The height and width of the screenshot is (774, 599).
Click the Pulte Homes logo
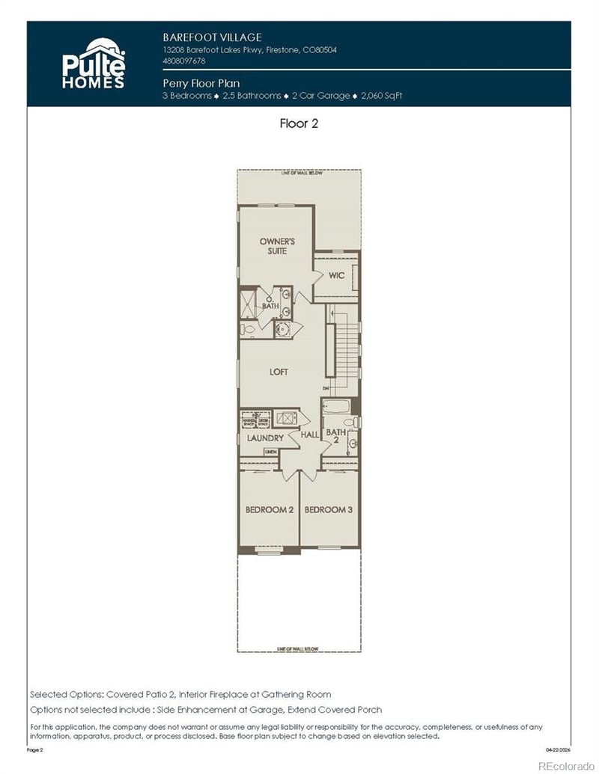(x=93, y=63)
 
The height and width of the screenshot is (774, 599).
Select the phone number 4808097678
(x=184, y=61)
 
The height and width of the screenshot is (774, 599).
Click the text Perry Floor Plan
(x=201, y=84)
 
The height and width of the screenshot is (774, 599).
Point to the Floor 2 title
(x=299, y=124)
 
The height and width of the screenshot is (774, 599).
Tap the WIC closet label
(x=336, y=275)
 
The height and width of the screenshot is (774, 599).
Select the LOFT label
(x=279, y=372)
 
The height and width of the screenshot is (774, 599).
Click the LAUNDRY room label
(x=265, y=438)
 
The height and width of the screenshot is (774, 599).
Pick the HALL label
(x=310, y=434)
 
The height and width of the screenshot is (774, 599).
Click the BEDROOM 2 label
(x=269, y=510)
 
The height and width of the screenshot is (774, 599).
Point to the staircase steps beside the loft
(x=347, y=351)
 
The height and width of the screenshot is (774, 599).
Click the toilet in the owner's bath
(x=248, y=329)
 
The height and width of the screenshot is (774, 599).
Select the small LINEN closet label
(x=271, y=452)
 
